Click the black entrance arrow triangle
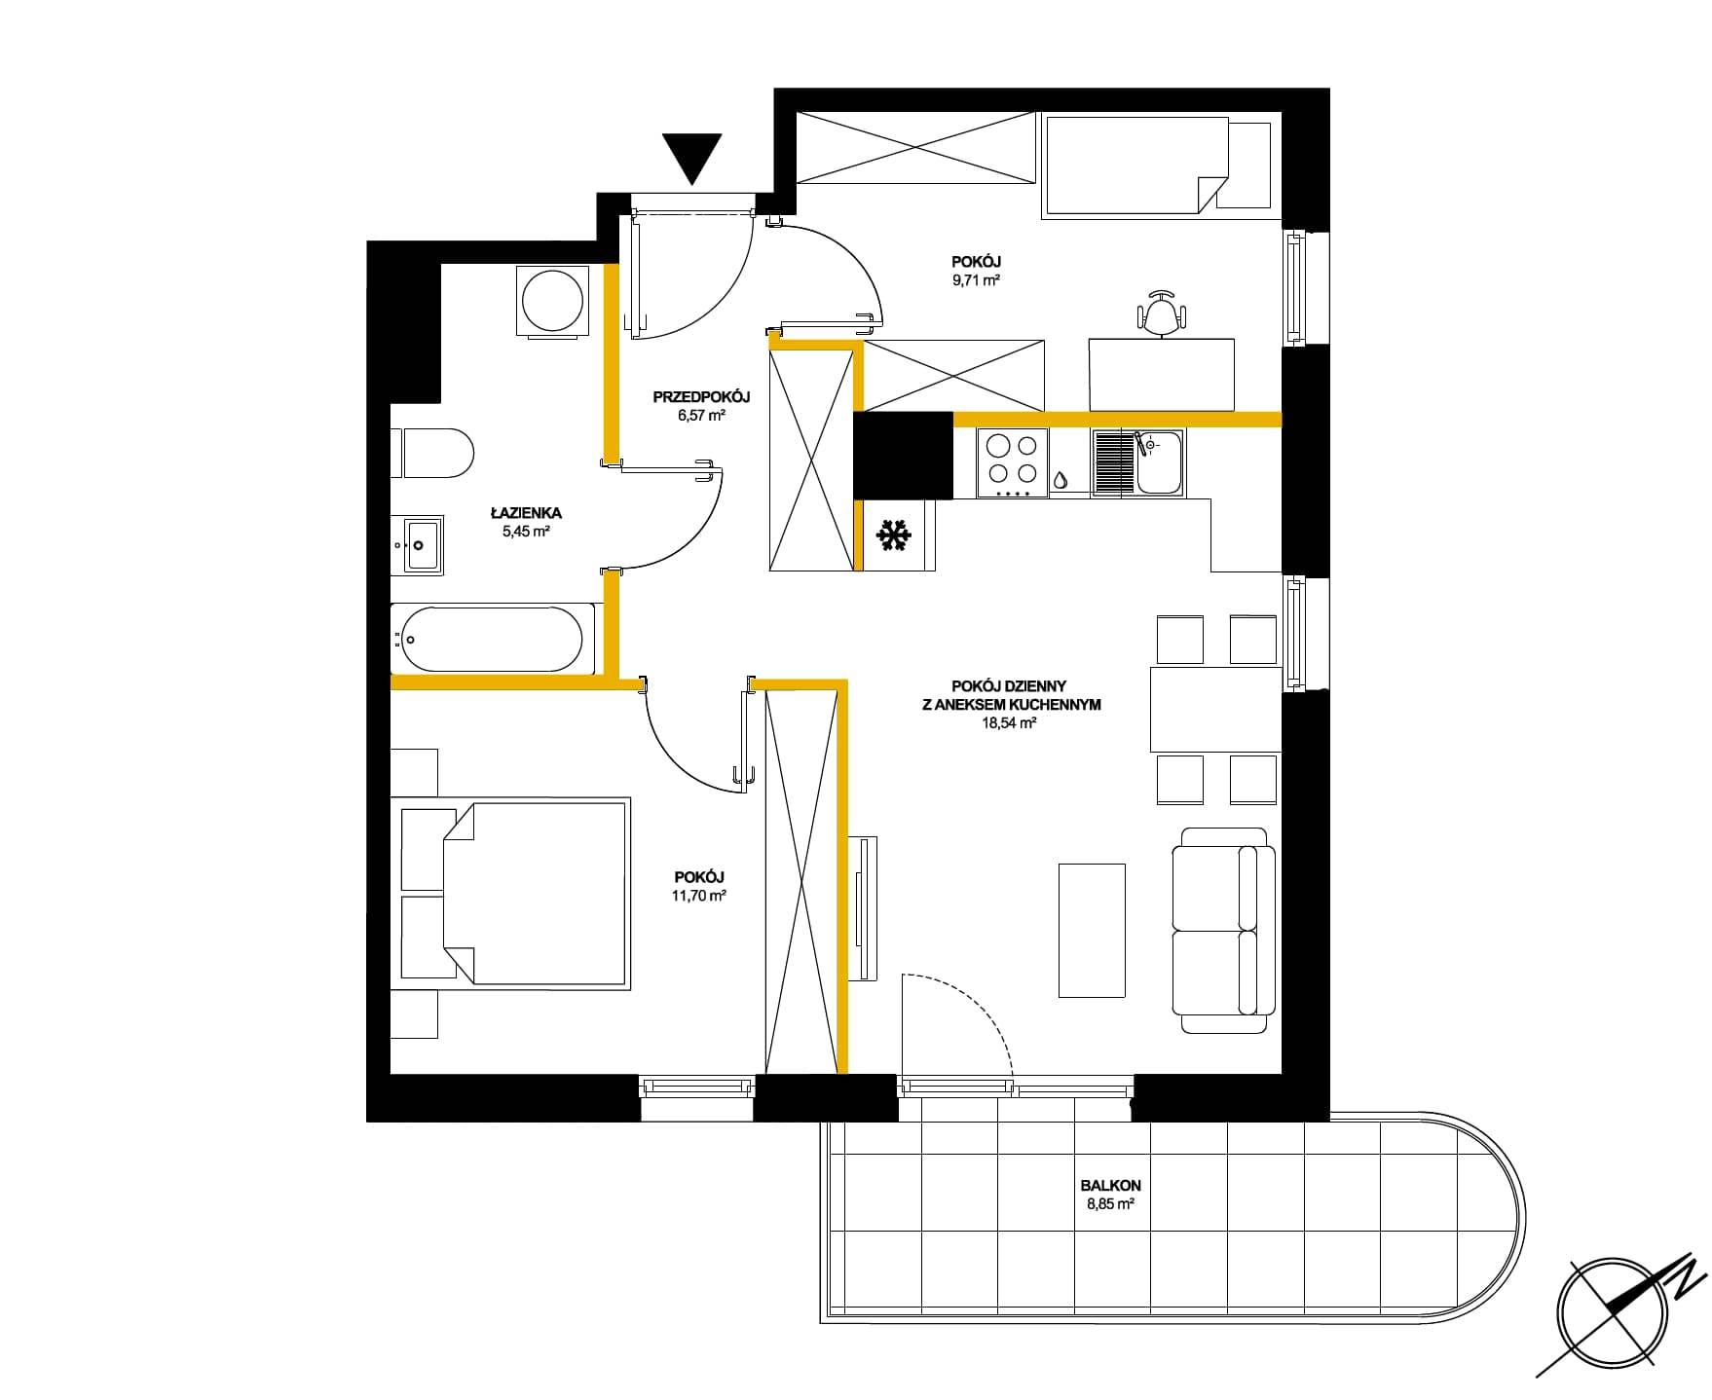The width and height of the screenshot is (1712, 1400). click(691, 157)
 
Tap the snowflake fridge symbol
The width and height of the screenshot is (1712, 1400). click(894, 534)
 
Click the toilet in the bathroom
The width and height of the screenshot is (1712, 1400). click(437, 454)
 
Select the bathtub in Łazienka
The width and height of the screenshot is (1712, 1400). click(493, 639)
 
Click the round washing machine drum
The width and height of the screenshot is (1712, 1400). click(551, 301)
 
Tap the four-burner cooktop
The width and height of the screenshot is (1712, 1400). click(1013, 463)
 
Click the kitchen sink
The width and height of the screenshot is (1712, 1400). click(1137, 463)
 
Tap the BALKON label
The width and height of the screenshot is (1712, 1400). click(1110, 1186)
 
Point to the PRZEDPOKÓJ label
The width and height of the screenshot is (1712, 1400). click(701, 396)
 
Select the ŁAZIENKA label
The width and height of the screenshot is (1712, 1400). click(526, 512)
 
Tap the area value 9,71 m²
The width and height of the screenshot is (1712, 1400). click(977, 279)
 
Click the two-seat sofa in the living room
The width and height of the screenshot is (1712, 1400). click(1223, 930)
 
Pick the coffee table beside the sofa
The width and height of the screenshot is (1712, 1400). click(1092, 930)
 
